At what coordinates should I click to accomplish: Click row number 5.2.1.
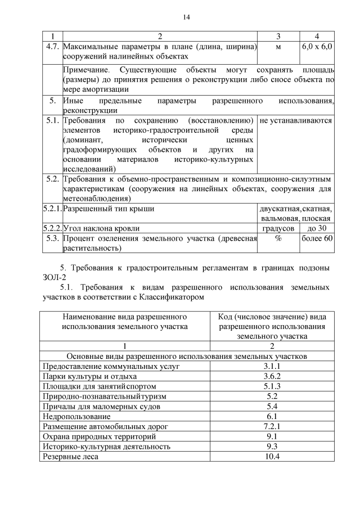pos(52,209)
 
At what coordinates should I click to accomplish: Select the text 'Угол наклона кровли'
pos(101,228)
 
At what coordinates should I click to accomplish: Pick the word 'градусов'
pos(278,228)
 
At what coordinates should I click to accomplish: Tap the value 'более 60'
pos(317,238)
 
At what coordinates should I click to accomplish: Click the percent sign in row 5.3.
pos(278,238)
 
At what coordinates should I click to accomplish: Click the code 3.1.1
pos(272,366)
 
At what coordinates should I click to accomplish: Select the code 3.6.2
pos(272,376)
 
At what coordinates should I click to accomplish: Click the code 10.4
pos(272,456)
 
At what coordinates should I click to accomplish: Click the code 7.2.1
pos(272,426)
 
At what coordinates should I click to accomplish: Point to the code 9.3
pos(272,446)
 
